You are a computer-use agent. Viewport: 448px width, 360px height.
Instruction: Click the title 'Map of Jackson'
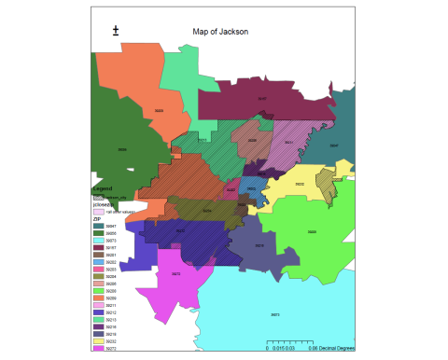(x=220, y=31)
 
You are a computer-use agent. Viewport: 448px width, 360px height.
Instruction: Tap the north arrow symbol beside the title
(x=116, y=31)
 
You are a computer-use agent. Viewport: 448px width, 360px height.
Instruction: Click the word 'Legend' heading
(x=102, y=188)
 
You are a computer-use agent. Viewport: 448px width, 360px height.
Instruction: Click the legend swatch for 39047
(x=98, y=226)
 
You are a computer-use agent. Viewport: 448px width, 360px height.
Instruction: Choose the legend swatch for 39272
(x=98, y=350)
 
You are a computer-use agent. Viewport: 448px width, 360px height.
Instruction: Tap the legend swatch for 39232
(x=98, y=342)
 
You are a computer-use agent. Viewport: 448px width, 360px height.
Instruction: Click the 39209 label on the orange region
(x=159, y=111)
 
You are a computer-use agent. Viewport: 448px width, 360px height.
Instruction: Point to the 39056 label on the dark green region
(x=122, y=147)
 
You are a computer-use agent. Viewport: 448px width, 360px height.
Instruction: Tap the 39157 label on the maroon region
(x=262, y=98)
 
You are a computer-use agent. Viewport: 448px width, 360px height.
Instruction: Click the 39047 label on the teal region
(x=334, y=145)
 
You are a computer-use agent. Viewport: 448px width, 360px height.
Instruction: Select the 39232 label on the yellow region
(x=299, y=185)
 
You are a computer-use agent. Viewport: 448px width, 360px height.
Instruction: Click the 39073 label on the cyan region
(x=274, y=314)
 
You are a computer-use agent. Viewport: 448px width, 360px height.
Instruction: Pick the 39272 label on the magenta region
(x=175, y=273)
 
